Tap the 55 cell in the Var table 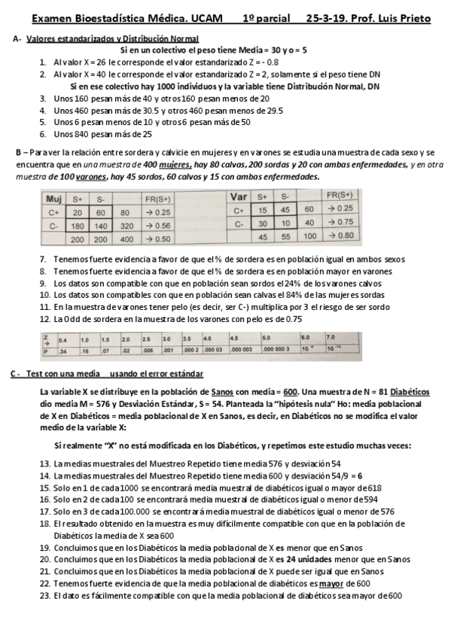pyautogui.click(x=285, y=235)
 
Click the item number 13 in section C pyautogui.click(x=44, y=464)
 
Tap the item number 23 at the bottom pyautogui.click(x=44, y=596)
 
